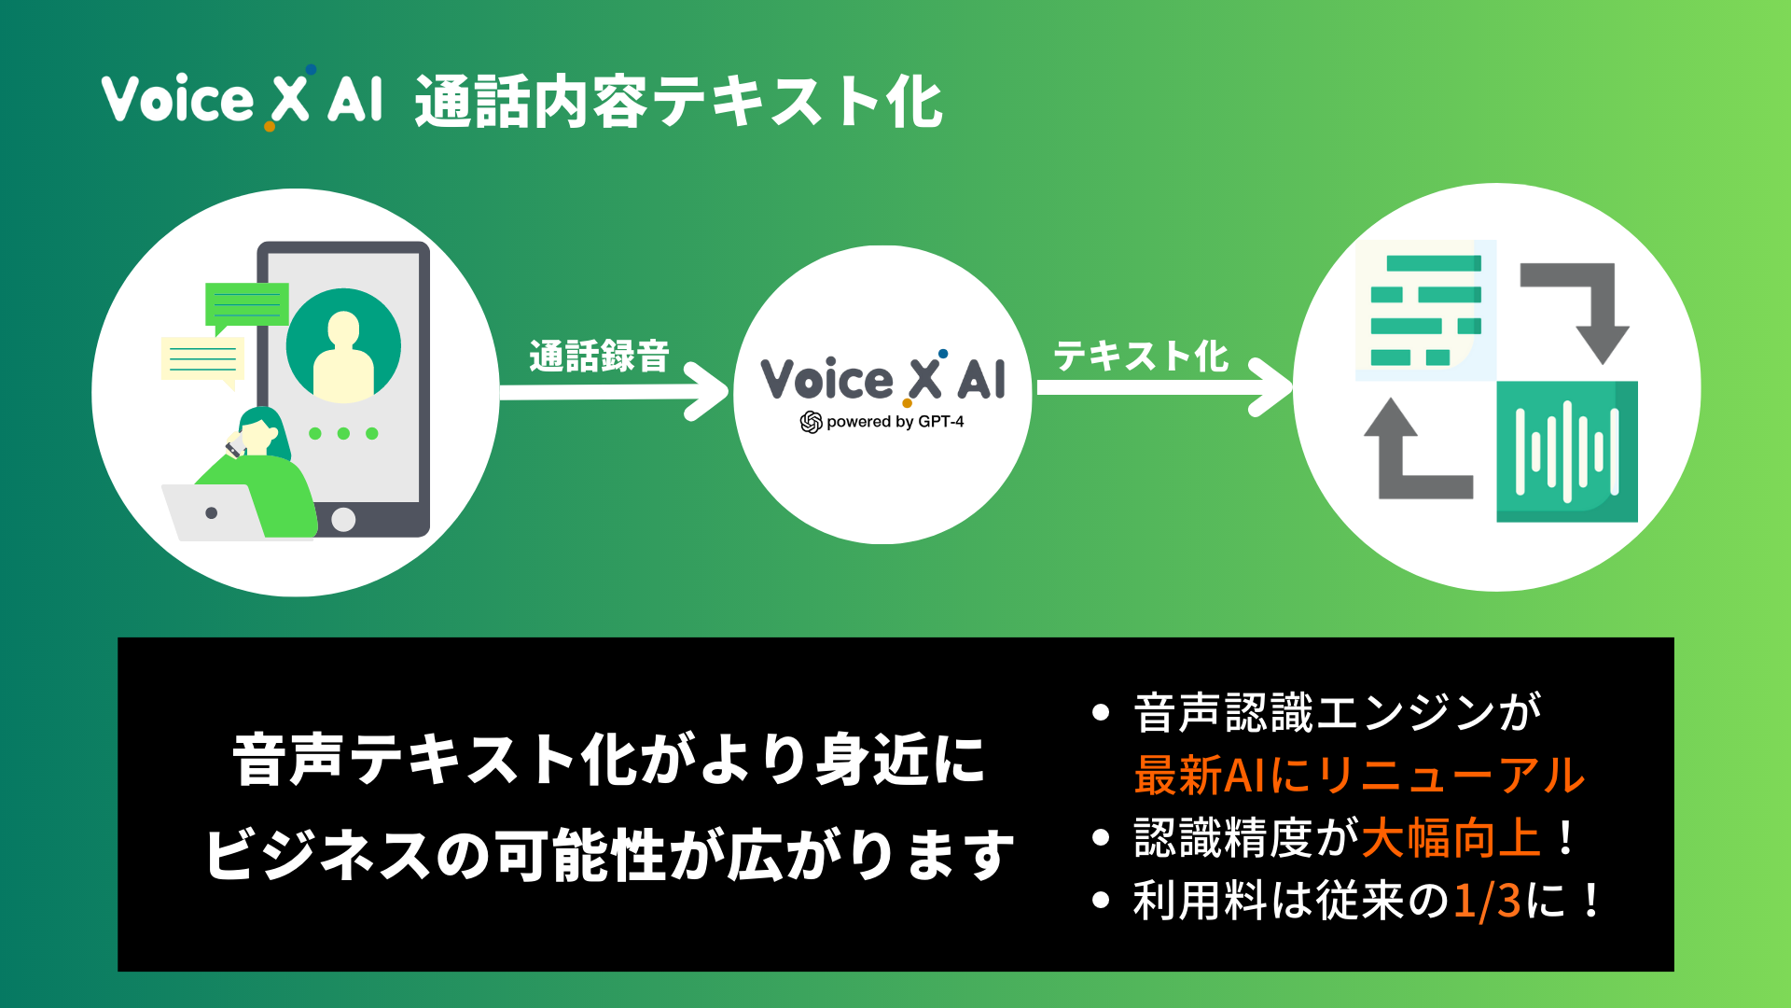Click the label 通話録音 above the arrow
coord(599,356)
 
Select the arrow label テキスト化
coord(1140,356)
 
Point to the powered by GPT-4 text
coord(883,422)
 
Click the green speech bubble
coord(246,304)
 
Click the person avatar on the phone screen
coord(343,345)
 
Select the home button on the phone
coord(343,520)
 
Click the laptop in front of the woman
coord(213,512)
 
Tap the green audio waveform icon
coord(1566,451)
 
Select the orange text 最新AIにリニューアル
coord(1358,776)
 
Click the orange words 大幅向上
coord(1451,838)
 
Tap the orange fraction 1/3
coord(1487,902)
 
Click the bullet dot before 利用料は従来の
coord(1101,901)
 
